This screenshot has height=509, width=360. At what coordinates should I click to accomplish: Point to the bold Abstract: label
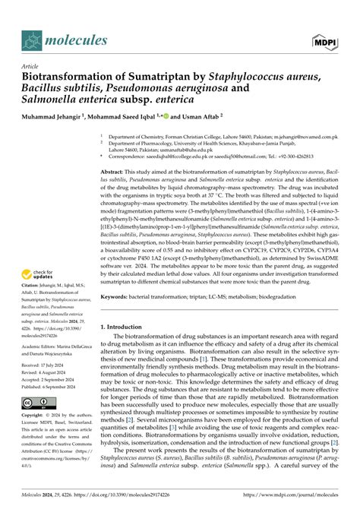pos(115,173)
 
